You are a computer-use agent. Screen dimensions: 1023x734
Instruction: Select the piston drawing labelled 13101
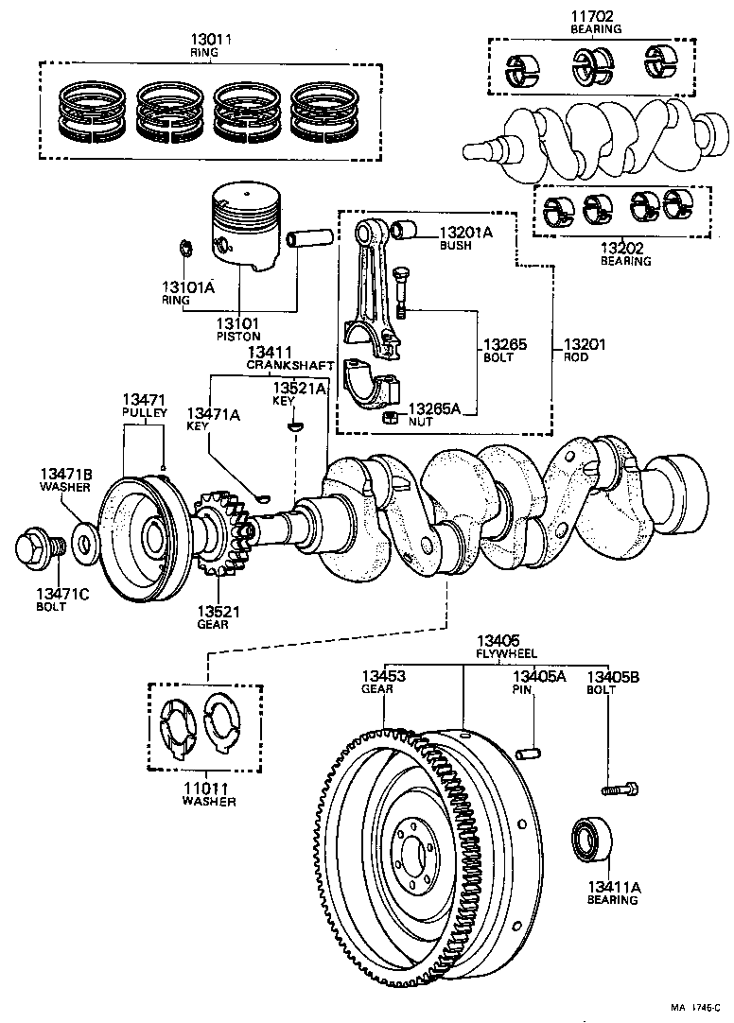(x=245, y=229)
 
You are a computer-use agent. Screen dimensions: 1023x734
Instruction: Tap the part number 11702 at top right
(x=595, y=16)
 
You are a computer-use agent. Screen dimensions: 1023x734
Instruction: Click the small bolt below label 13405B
(x=620, y=787)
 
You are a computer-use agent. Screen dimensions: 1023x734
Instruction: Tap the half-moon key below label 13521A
(x=295, y=427)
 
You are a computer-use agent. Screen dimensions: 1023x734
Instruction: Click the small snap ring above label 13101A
(x=185, y=251)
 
